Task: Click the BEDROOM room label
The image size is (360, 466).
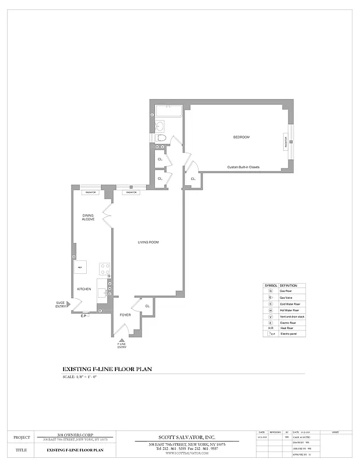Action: (x=241, y=137)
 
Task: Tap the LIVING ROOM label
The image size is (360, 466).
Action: (x=148, y=242)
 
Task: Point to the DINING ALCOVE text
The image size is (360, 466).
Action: (x=89, y=217)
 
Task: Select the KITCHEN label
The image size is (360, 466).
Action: (x=84, y=290)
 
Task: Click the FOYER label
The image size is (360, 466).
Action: (x=125, y=315)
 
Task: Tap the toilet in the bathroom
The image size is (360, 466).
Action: (x=161, y=137)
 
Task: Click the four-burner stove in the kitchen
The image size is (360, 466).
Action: (x=105, y=269)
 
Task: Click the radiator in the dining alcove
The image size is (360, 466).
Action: (x=90, y=192)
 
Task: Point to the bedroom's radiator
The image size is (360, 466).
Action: (x=286, y=142)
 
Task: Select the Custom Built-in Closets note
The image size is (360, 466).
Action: (x=243, y=167)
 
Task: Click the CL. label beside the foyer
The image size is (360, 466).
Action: (x=147, y=306)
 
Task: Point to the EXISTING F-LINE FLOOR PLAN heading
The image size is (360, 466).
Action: (x=107, y=369)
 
